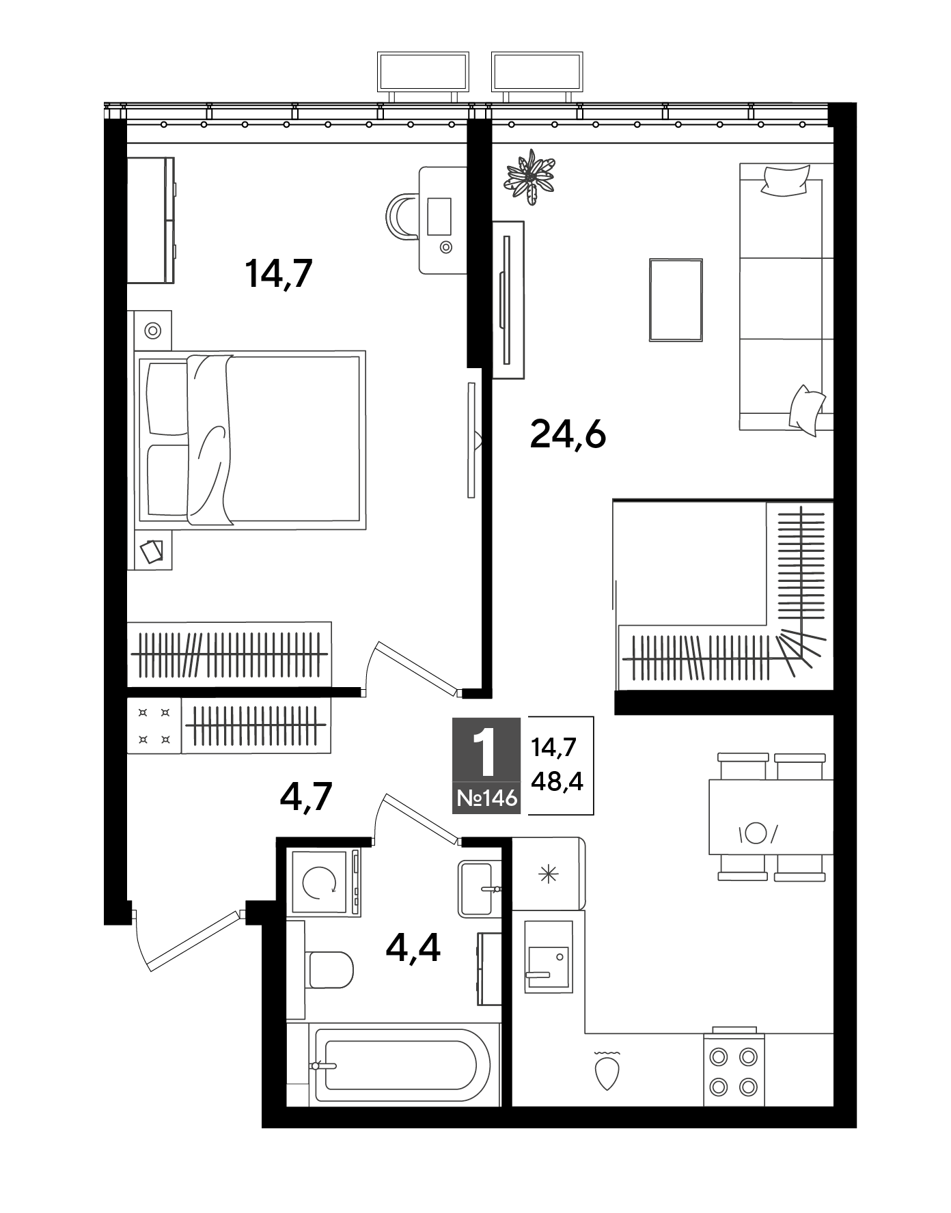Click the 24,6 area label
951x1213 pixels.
[568, 434]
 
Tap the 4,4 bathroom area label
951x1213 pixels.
[413, 947]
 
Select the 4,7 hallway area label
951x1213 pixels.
[306, 796]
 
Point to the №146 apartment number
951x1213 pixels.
[486, 798]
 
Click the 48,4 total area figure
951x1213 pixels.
[557, 781]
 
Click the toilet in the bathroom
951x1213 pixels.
[331, 969]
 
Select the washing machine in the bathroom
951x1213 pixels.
[325, 882]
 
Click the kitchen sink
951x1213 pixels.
[549, 956]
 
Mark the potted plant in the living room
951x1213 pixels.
[529, 178]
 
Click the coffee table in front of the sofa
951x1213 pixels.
[676, 300]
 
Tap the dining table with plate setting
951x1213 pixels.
[771, 817]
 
